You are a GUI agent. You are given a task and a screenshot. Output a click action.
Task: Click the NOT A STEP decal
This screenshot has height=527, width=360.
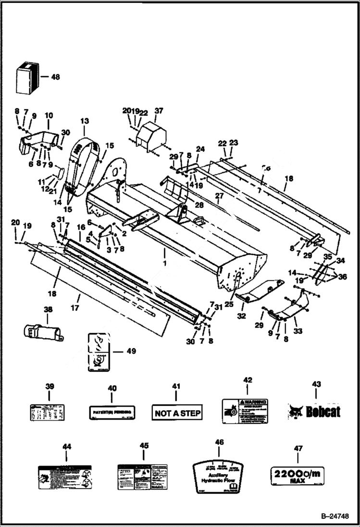tap(177, 412)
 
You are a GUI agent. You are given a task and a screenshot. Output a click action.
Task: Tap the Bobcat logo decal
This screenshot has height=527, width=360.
tap(314, 412)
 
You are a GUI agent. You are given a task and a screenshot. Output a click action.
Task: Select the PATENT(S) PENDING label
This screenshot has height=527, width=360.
tap(112, 412)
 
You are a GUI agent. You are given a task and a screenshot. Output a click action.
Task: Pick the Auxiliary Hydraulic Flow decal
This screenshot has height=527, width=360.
tap(218, 476)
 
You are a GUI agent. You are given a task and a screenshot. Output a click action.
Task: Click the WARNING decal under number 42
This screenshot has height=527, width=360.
tap(245, 411)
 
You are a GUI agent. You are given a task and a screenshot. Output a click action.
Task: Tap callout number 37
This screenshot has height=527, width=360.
tap(159, 111)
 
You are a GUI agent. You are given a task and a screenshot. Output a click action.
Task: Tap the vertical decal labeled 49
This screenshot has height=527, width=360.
tap(99, 352)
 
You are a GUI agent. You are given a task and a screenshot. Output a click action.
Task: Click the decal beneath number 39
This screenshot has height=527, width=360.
tap(49, 413)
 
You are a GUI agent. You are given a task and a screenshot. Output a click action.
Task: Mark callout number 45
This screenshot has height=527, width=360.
tap(144, 446)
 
